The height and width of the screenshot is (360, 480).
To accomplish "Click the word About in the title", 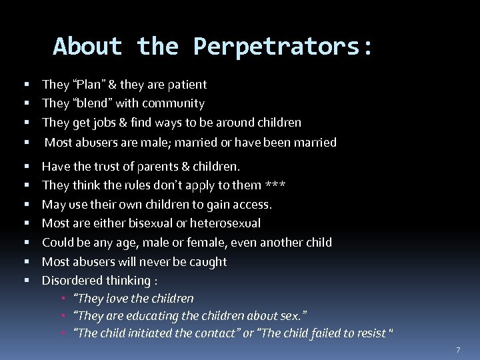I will coord(87,47).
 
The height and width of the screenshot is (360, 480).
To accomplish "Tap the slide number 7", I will coord(458,349).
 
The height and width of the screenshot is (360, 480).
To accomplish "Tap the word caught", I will coord(208,262).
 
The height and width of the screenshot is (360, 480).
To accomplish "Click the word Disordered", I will coord(72,281).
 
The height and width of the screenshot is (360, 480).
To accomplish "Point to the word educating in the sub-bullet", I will coord(161,315).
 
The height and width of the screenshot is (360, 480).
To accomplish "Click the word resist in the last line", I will coord(371,333).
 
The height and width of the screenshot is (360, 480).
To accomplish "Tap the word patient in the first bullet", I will coord(186,85).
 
